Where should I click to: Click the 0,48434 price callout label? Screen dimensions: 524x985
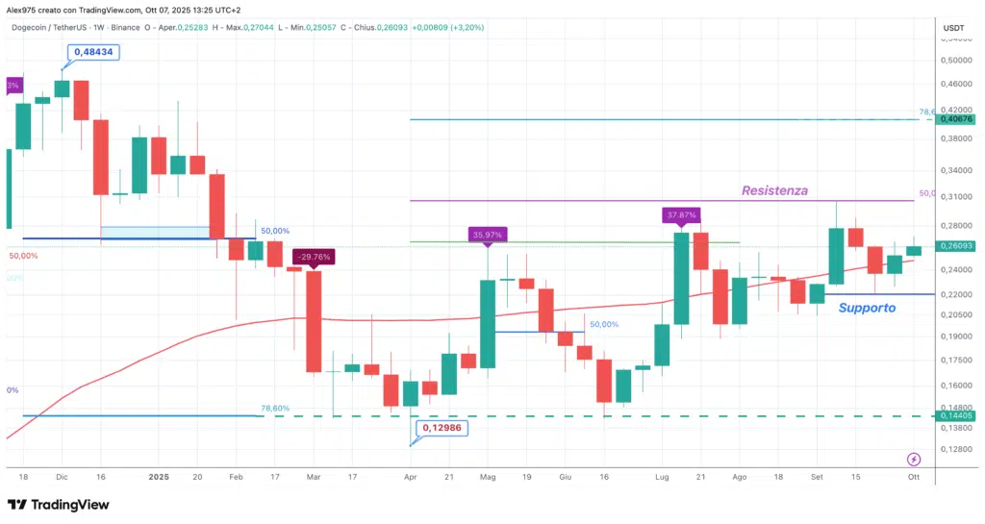92,52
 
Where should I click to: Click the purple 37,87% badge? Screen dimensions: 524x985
681,214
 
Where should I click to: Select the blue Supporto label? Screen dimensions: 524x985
867,309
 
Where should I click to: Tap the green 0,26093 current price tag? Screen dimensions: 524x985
957,247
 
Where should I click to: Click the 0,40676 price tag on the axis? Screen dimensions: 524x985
957,119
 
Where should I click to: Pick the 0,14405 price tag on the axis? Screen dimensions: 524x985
957,416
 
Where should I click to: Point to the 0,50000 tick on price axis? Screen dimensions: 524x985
955,60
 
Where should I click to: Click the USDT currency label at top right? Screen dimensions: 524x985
955,28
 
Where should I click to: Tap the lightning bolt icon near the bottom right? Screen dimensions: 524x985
914,460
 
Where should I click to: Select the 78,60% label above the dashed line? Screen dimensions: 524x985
275,409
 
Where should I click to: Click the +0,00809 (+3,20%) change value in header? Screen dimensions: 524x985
447,28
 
